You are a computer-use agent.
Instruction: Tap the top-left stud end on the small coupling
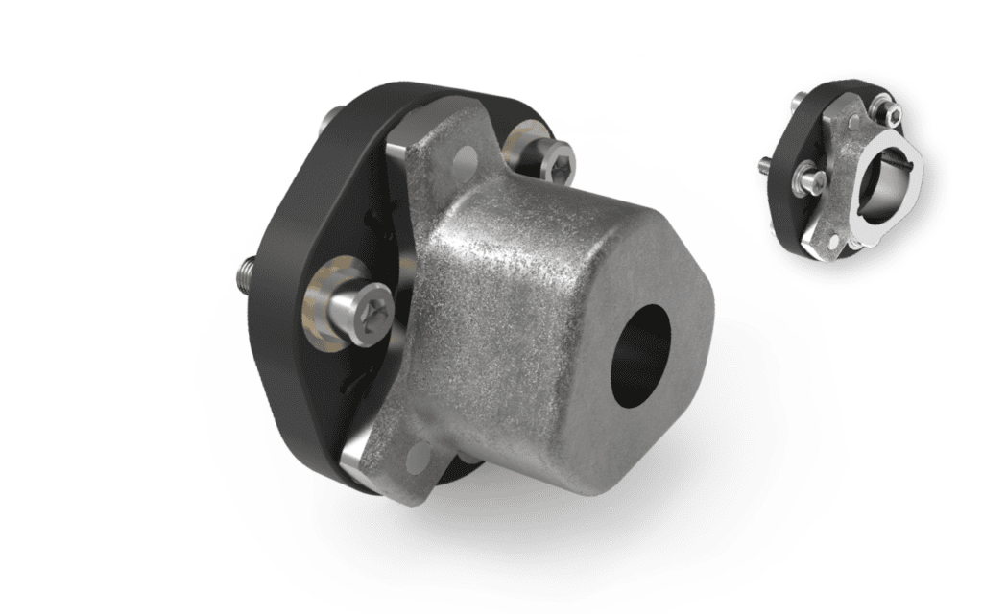click(x=798, y=99)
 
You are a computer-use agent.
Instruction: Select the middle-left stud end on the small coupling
click(x=764, y=162)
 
